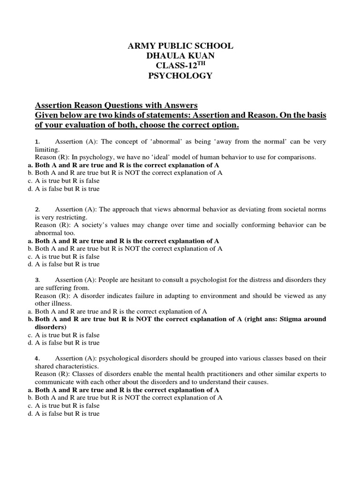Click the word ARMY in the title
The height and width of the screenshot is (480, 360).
click(x=141, y=46)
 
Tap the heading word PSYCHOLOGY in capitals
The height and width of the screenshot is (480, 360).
click(x=180, y=76)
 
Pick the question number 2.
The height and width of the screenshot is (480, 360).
click(x=37, y=210)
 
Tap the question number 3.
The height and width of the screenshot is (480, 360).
click(x=37, y=280)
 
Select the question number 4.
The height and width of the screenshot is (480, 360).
click(x=37, y=359)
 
